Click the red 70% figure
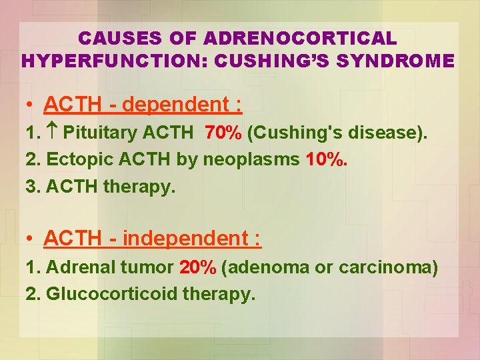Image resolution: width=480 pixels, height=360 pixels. [x=223, y=133]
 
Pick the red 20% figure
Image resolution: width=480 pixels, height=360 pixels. [x=197, y=267]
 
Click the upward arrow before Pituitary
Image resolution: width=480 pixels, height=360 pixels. [x=52, y=133]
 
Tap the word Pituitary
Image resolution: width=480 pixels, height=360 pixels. [x=97, y=133]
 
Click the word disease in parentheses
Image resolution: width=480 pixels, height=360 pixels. [x=385, y=133]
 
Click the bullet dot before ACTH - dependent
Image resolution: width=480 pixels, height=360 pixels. [x=31, y=105]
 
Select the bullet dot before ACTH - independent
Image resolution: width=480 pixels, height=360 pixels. [x=31, y=239]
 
